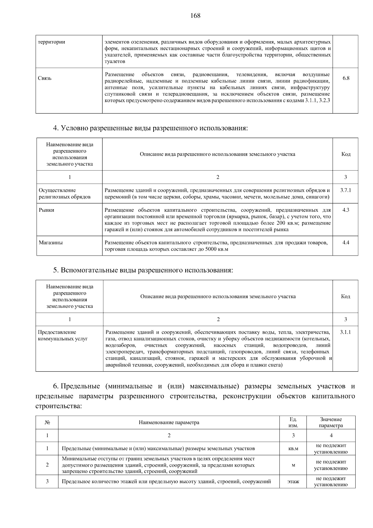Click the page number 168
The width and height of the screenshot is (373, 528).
pyautogui.click(x=195, y=16)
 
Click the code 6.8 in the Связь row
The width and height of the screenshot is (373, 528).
pyautogui.click(x=346, y=78)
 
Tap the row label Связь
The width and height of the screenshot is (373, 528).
pyautogui.click(x=45, y=78)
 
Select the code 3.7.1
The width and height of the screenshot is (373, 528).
pyautogui.click(x=345, y=190)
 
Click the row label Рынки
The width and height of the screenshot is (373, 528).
pyautogui.click(x=46, y=210)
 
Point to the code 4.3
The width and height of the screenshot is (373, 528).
pyautogui.click(x=346, y=210)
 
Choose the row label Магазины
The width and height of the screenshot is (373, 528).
pyautogui.click(x=51, y=243)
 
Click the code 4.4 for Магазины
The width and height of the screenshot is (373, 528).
pyautogui.click(x=346, y=243)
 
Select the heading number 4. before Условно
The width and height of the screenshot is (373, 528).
pyautogui.click(x=56, y=128)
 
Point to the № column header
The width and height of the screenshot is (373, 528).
pyautogui.click(x=47, y=423)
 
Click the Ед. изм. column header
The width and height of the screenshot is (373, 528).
pyautogui.click(x=293, y=423)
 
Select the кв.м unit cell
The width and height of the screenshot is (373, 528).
pyautogui.click(x=293, y=449)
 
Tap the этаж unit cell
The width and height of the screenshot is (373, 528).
pyautogui.click(x=293, y=482)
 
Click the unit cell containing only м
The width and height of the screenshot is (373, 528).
pyautogui.click(x=293, y=465)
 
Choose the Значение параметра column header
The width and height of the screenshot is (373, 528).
pyautogui.click(x=331, y=423)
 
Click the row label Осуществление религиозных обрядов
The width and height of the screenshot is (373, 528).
pyautogui.click(x=65, y=193)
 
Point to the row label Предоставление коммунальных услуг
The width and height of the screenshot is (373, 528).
pyautogui.click(x=63, y=335)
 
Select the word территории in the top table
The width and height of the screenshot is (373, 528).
pyautogui.click(x=52, y=42)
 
